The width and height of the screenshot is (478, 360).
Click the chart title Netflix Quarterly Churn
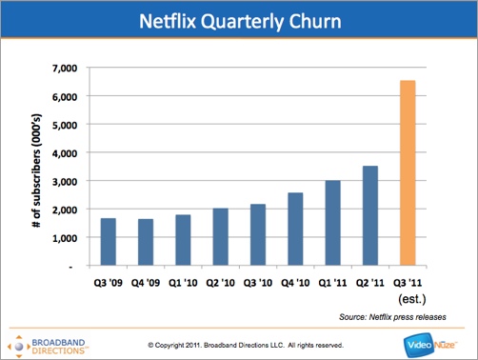tap(238, 20)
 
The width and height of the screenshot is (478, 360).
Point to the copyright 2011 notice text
tap(246, 344)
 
